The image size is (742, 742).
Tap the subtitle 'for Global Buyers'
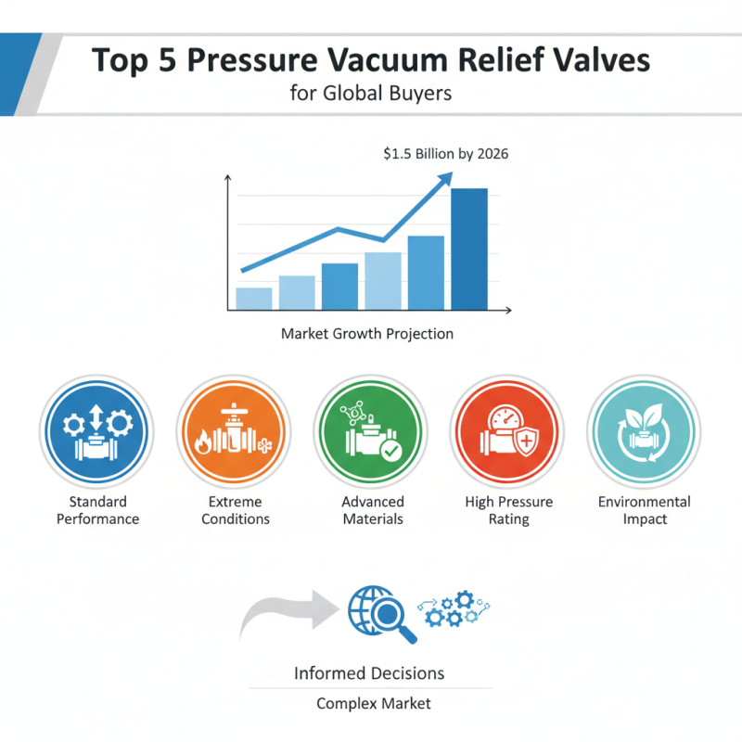(370, 94)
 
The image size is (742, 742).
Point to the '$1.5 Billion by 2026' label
(445, 154)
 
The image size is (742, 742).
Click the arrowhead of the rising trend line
(445, 178)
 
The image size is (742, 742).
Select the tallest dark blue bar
(468, 249)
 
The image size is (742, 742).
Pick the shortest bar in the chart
(254, 299)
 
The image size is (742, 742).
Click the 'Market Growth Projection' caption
(367, 333)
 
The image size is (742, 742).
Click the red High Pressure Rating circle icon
(508, 431)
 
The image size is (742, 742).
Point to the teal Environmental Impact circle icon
(645, 431)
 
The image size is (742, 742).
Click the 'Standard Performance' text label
(97, 510)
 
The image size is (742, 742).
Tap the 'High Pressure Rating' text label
(508, 510)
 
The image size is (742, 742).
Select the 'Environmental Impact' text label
(645, 510)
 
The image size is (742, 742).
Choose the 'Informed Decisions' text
(369, 672)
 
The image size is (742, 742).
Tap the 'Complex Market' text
(374, 703)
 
